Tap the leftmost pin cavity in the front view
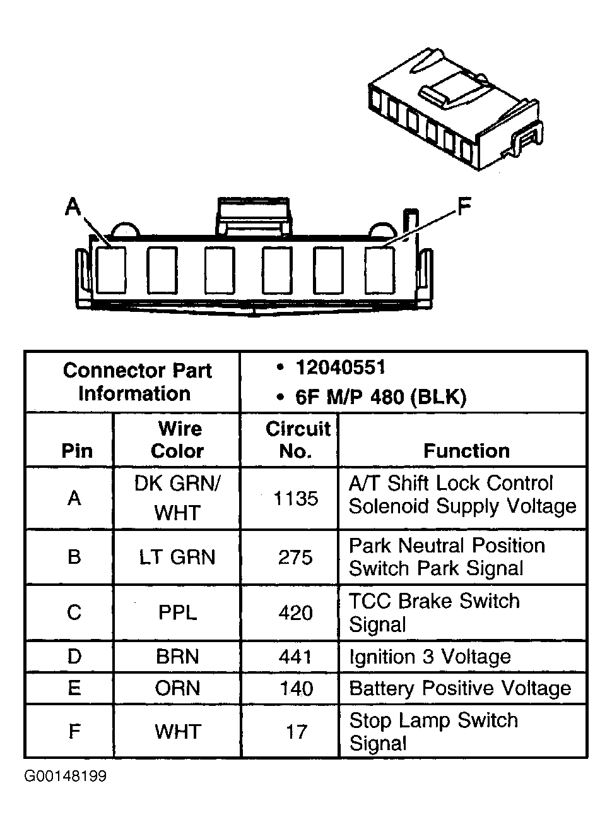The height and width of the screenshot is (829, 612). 110,270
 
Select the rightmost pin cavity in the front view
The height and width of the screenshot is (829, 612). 380,270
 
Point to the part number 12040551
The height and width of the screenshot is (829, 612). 340,367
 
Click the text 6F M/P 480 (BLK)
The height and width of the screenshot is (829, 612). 380,397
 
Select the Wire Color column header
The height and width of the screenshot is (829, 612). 177,439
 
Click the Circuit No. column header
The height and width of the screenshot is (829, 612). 297,439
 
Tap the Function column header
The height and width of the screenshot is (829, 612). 466,451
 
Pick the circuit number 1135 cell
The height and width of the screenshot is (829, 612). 296,499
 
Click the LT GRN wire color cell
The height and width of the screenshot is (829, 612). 177,558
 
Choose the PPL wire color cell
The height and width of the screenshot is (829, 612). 177,612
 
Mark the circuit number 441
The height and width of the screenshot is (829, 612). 296,657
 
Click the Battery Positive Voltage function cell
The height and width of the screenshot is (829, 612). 460,688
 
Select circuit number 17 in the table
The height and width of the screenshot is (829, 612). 296,732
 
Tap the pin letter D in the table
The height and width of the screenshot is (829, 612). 74,657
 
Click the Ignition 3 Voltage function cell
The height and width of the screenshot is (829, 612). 430,657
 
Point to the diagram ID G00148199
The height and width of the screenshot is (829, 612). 66,776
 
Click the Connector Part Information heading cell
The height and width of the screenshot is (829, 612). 136,382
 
